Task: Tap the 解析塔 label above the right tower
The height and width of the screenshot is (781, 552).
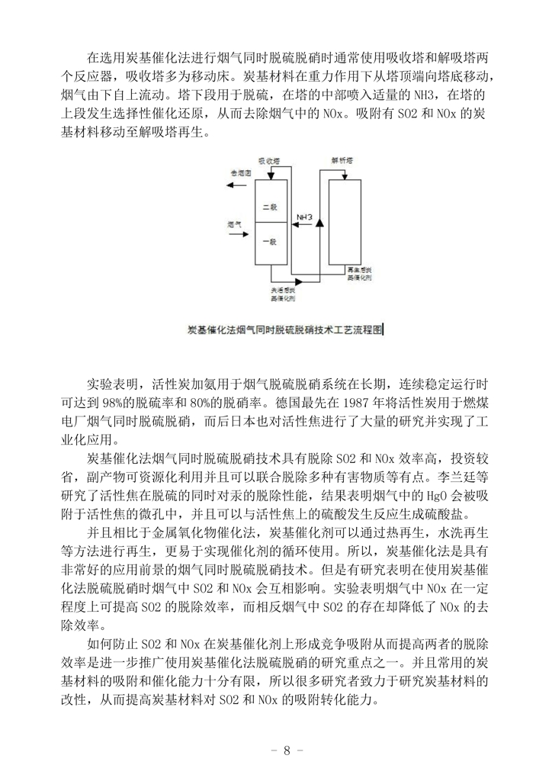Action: [x=342, y=162]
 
